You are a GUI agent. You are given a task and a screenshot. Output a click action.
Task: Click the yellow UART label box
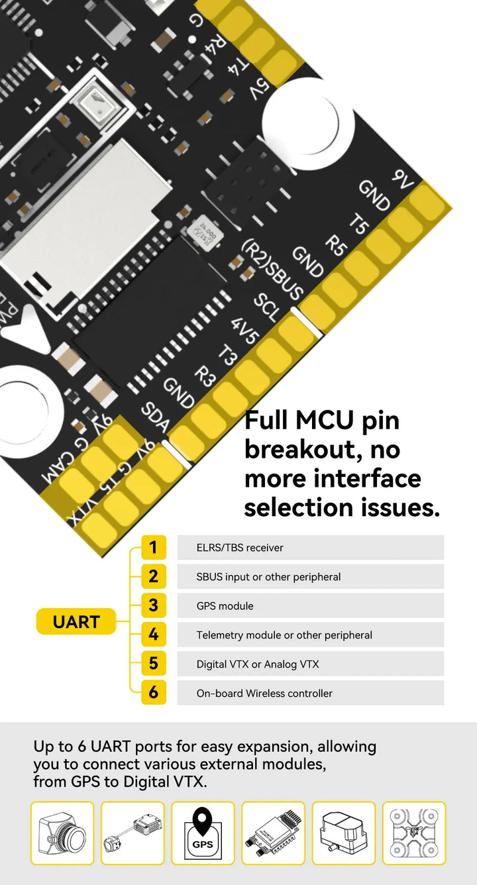[x=76, y=622]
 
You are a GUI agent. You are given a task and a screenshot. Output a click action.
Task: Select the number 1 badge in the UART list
[x=153, y=548]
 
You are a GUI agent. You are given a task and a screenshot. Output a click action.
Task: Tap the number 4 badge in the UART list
[x=153, y=635]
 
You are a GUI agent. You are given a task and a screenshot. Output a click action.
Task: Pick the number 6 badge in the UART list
[x=153, y=693]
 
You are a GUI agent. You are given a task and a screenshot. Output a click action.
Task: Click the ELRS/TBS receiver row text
[x=240, y=548]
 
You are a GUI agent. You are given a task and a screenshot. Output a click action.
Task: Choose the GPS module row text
[x=225, y=606]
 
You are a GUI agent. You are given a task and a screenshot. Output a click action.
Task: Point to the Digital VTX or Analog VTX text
[x=258, y=664]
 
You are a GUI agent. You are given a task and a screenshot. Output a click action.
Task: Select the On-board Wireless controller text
[x=264, y=694]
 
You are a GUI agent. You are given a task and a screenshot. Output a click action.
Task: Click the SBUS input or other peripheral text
[x=268, y=577]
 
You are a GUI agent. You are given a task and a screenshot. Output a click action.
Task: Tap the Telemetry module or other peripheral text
[x=284, y=635]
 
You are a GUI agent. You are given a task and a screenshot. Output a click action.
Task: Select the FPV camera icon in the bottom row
[x=62, y=833]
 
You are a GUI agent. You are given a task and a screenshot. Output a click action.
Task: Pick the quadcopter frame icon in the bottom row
[x=414, y=833]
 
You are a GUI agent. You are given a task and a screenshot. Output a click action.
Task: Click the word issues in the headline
[x=398, y=507]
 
